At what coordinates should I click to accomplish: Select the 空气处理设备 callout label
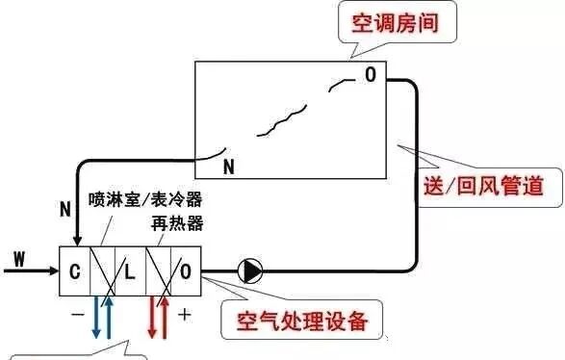point(296,321)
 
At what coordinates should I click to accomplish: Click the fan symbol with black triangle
point(251,270)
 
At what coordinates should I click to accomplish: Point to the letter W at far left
point(20,257)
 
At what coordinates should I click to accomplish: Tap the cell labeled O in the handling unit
point(185,270)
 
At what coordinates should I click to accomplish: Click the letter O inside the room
point(370,74)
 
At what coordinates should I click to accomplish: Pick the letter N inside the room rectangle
point(228,166)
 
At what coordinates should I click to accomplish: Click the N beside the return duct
point(64,207)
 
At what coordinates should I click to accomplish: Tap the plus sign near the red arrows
point(185,313)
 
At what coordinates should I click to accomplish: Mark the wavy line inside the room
point(278,120)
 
